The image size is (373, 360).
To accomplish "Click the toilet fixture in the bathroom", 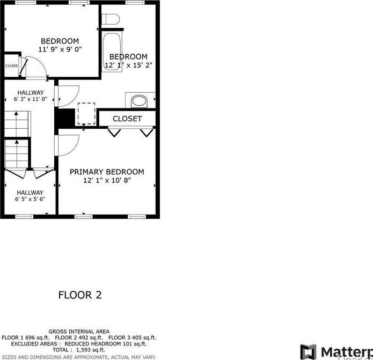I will (x=111, y=20).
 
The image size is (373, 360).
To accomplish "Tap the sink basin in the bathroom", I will (x=138, y=100).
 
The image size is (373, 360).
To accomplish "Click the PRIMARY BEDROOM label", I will (x=107, y=172).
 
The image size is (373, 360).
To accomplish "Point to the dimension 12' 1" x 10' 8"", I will (x=107, y=181).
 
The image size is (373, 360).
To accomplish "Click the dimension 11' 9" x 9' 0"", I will (x=60, y=49).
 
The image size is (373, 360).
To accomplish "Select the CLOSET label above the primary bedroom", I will (x=127, y=119).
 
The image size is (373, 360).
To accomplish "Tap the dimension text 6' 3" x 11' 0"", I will (x=31, y=99).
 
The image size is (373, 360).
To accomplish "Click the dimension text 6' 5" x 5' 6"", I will (x=30, y=199).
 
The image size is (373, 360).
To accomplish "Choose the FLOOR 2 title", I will (x=79, y=295).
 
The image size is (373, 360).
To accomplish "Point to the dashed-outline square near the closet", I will (x=86, y=113).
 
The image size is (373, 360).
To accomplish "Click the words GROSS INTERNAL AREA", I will (x=79, y=332).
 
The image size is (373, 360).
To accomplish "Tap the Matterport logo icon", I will (x=309, y=352).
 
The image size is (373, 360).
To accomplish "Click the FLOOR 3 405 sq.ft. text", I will (x=132, y=337).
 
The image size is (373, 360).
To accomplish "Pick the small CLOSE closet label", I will (x=12, y=66).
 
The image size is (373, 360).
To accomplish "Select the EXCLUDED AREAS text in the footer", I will (x=34, y=343).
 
